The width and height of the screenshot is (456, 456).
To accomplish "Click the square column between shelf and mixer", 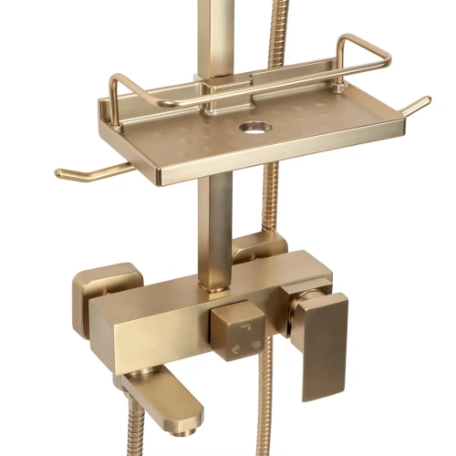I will [216, 228].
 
